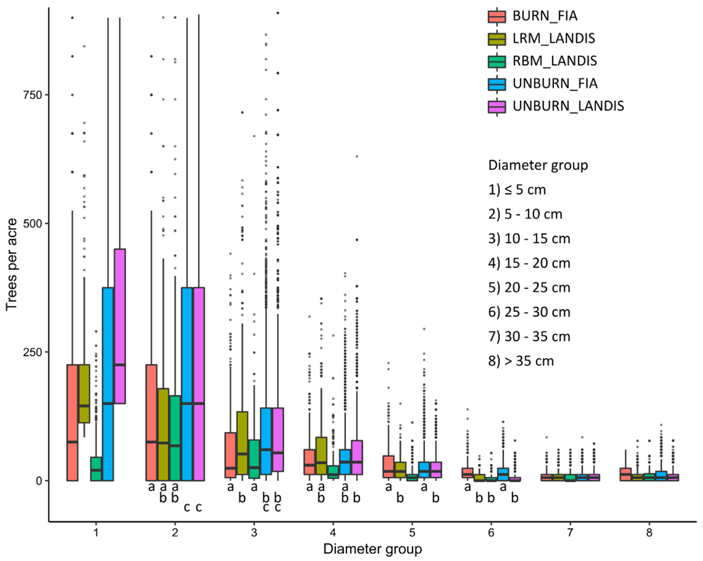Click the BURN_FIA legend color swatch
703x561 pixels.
[497, 16]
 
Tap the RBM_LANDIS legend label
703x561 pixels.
[555, 61]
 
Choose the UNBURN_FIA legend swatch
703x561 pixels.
[497, 84]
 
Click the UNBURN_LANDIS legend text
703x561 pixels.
[568, 106]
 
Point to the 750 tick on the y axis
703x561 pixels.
[33, 95]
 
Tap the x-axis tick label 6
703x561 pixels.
[491, 533]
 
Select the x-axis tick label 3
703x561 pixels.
[254, 533]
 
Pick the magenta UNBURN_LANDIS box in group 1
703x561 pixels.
[120, 326]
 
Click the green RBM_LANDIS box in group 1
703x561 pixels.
[96, 469]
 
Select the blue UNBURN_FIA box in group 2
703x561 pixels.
[187, 384]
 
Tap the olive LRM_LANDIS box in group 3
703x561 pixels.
[242, 443]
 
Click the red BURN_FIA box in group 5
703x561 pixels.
[388, 467]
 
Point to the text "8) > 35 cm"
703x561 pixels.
[521, 361]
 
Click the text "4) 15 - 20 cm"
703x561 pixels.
[529, 263]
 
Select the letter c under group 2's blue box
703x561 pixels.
[187, 507]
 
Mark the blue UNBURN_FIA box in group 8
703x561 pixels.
[661, 476]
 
